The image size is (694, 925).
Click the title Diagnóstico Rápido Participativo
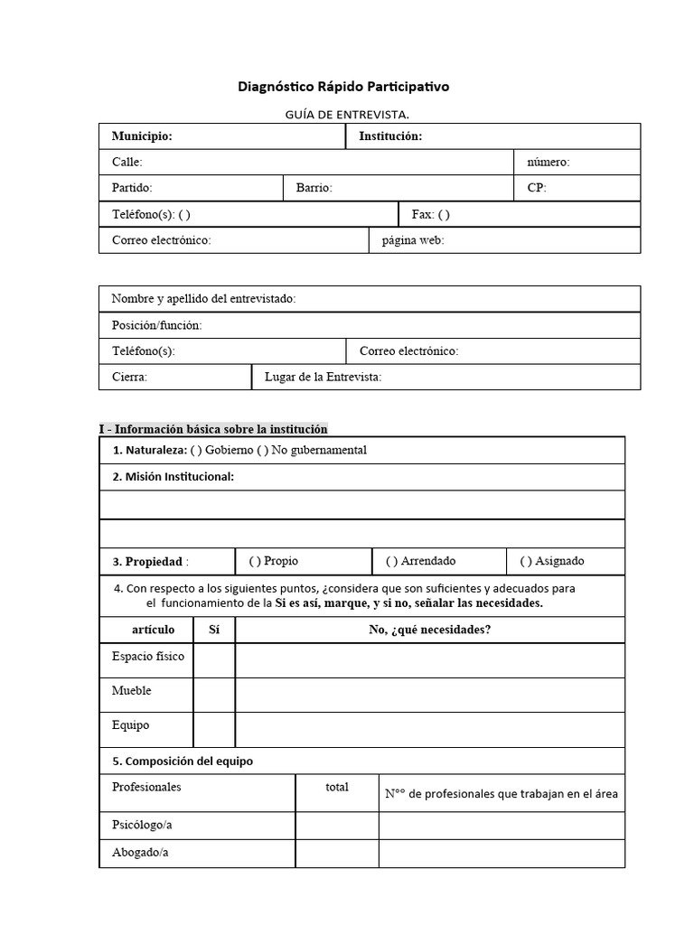tap(342, 88)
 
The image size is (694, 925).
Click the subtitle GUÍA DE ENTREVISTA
tap(347, 114)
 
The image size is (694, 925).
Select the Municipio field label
tap(142, 136)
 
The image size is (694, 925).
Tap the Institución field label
tap(390, 136)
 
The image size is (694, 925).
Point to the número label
tap(548, 163)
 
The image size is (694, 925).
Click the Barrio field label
tap(314, 188)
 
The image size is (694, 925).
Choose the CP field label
tap(537, 188)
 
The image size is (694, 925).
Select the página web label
tap(413, 240)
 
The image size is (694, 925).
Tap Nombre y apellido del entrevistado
tap(203, 299)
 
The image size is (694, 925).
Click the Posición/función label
tap(156, 325)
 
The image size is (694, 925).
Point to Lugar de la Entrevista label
tap(323, 377)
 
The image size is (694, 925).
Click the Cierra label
tap(129, 377)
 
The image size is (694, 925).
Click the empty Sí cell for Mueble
tap(214, 695)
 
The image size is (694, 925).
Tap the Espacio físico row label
tap(147, 657)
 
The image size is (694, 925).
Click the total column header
tap(337, 787)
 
